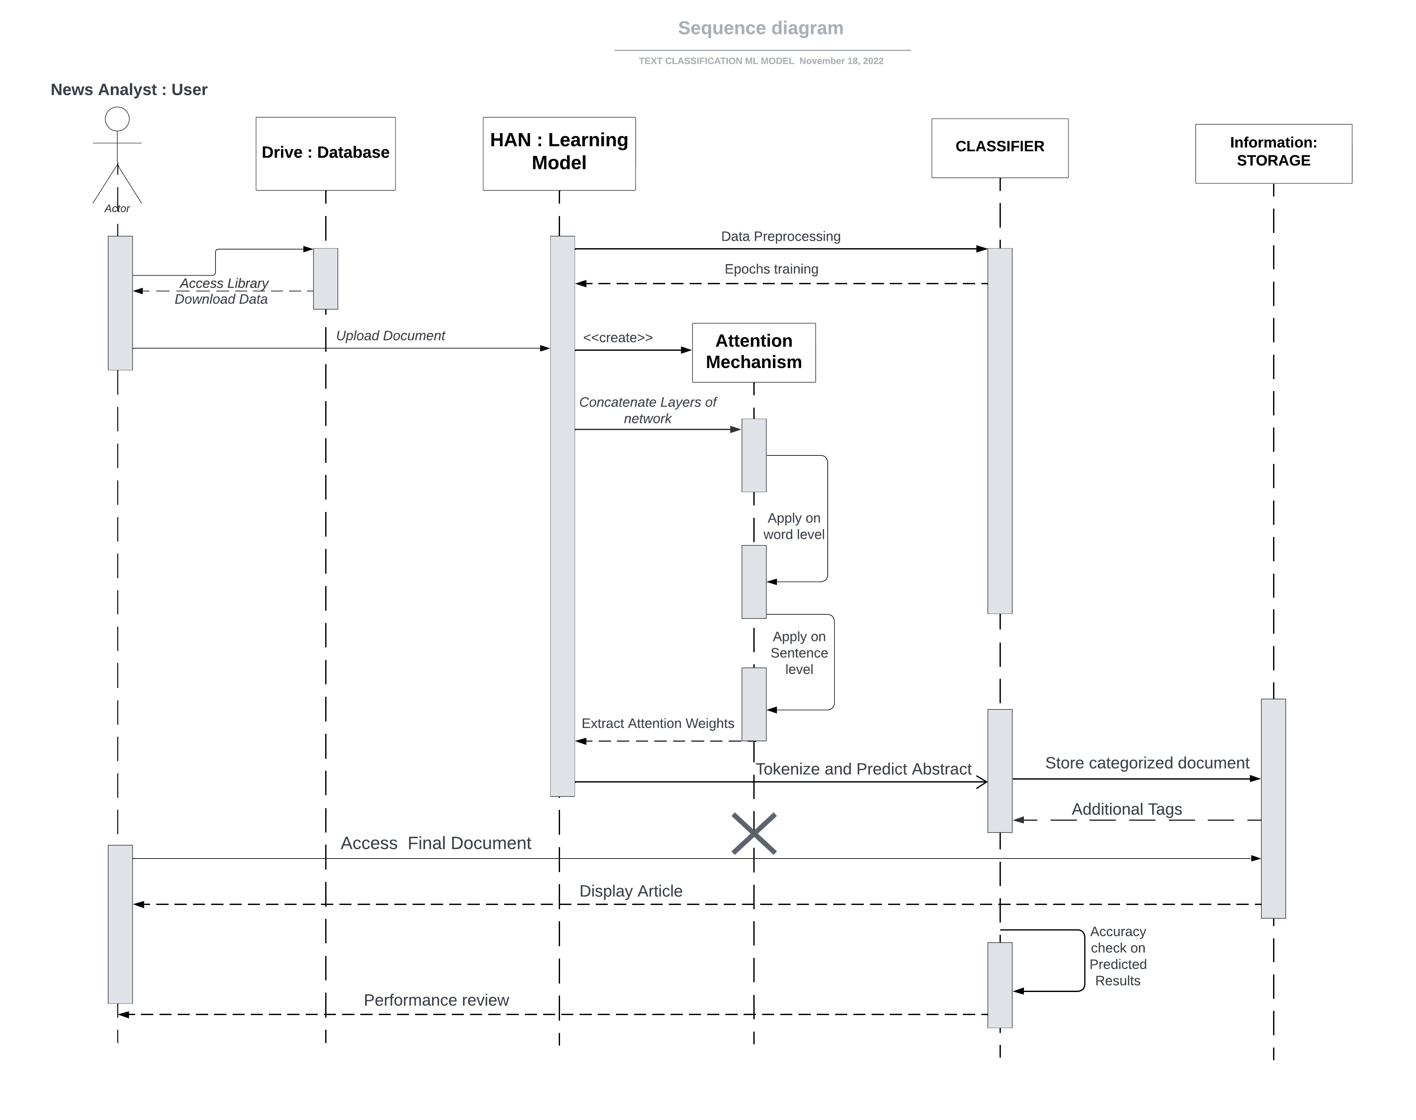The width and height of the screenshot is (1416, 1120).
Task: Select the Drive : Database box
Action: [325, 153]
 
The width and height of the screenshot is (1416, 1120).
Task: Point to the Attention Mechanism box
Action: [754, 352]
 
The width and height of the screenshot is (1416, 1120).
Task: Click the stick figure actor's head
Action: [117, 119]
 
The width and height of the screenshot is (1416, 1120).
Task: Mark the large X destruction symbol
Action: [754, 834]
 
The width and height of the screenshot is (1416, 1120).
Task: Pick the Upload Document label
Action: [390, 336]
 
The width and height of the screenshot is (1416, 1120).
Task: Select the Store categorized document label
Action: [1146, 763]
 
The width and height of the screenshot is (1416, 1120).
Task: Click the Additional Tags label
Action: [1126, 809]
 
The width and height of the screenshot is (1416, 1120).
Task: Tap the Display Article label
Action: [630, 891]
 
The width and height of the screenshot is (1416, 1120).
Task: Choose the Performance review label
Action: [436, 1000]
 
